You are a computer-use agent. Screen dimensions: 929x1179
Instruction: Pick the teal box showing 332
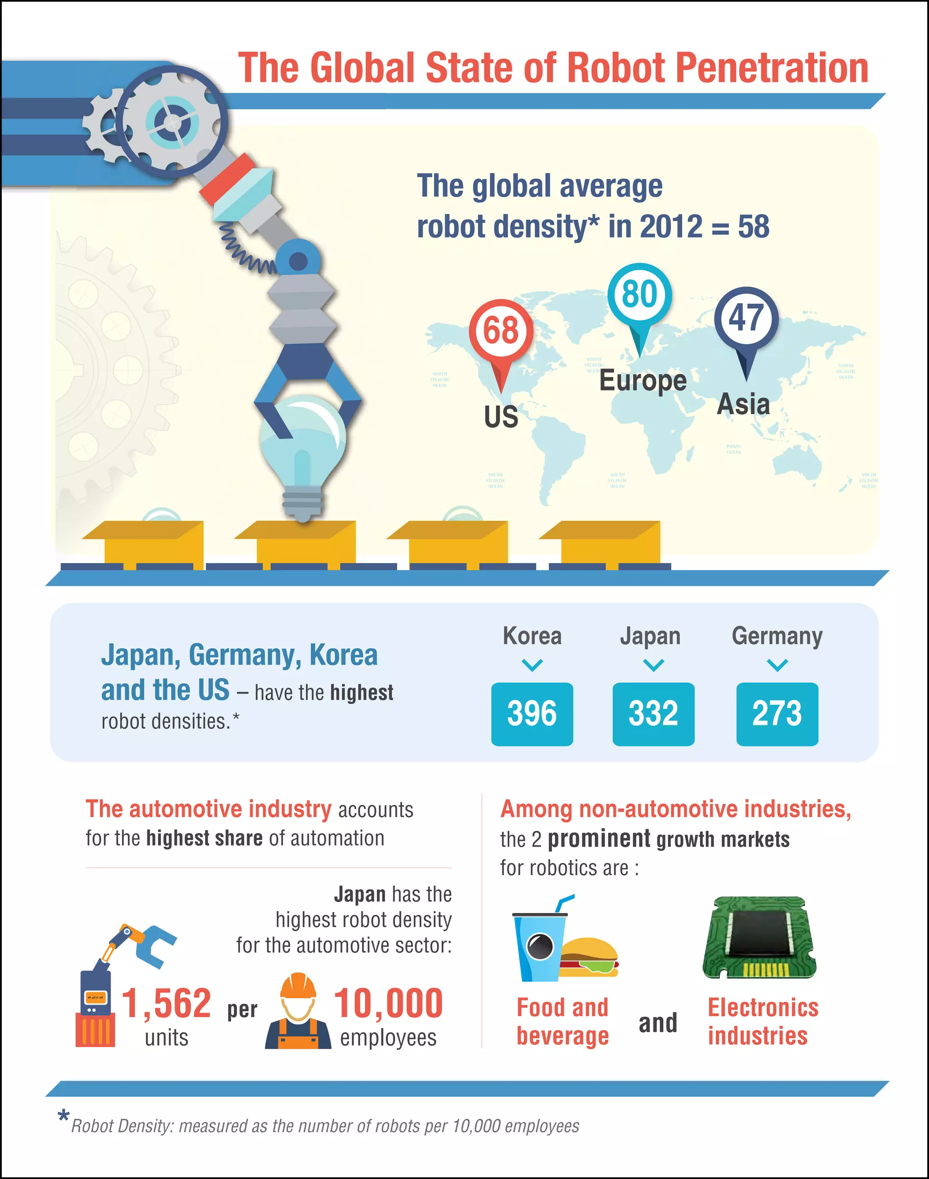[653, 714]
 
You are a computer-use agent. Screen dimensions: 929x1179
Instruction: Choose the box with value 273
[777, 714]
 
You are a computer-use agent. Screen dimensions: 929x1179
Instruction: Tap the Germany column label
[777, 636]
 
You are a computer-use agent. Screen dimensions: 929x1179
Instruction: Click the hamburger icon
[589, 957]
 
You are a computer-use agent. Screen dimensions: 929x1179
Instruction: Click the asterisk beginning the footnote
[63, 1116]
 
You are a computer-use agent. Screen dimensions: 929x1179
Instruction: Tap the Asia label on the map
[743, 404]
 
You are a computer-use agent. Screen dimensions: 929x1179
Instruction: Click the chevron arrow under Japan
[653, 665]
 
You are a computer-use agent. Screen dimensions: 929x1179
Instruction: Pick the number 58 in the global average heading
[753, 226]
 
